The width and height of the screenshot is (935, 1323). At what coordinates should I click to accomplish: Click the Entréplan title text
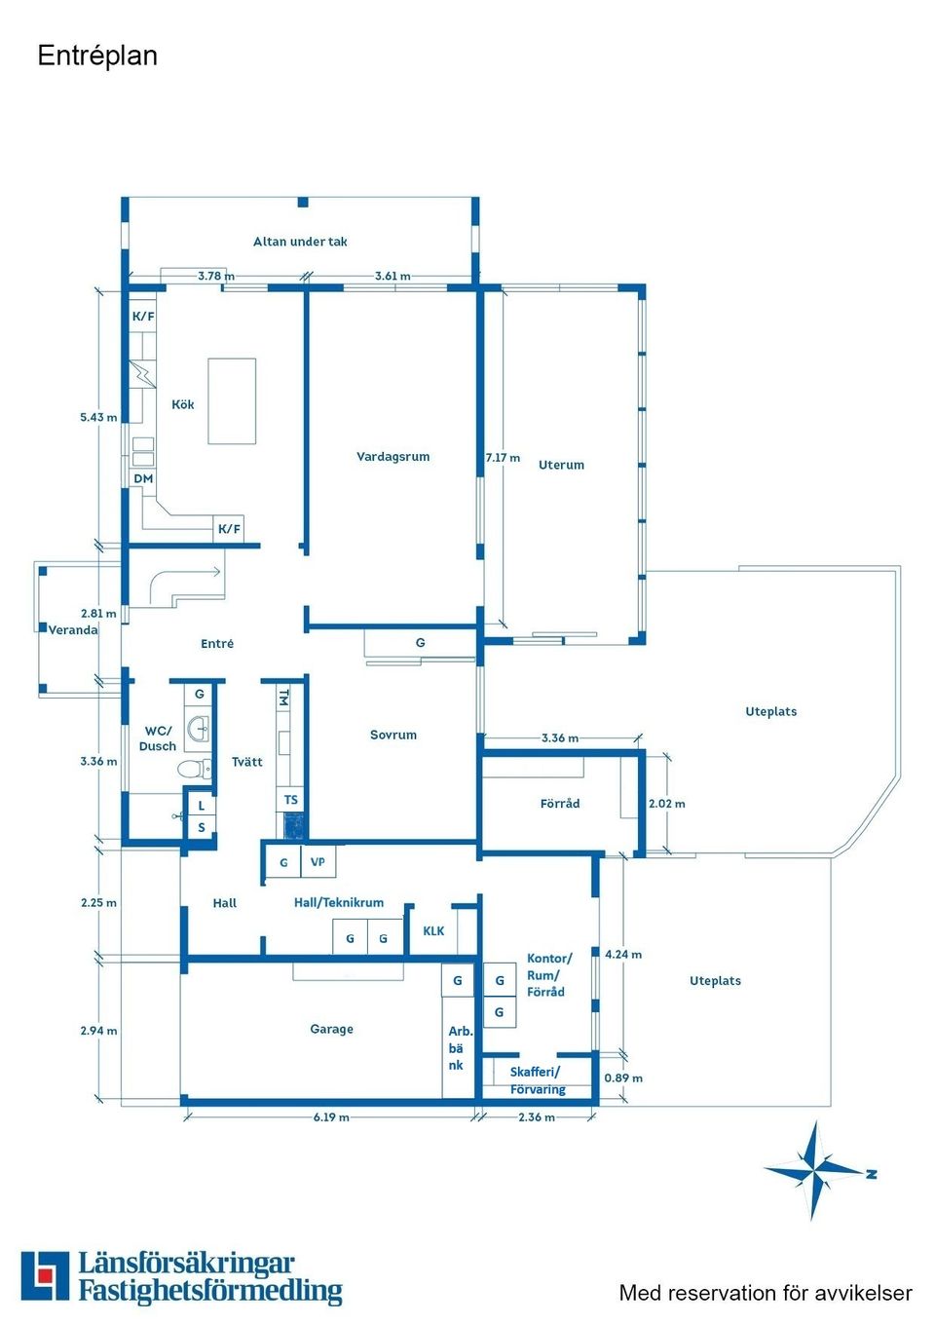coord(97,57)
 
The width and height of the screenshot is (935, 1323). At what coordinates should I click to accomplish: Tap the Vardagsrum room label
coord(393,457)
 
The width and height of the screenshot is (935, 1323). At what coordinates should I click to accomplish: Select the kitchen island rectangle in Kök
coord(232,401)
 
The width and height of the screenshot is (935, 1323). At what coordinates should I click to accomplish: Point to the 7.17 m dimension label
coord(503,458)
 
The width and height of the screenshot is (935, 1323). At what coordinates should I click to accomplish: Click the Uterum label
coord(561,465)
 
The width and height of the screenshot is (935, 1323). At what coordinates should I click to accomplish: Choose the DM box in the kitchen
coord(143,478)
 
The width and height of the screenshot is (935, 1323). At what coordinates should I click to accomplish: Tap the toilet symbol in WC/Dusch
coord(194,769)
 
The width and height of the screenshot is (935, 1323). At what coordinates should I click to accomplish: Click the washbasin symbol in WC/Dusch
coord(198,729)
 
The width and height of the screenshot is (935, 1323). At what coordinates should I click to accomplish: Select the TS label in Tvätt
coord(291,800)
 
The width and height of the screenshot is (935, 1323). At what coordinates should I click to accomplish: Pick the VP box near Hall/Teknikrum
coord(318,862)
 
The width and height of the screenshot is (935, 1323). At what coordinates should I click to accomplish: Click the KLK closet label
coord(433,930)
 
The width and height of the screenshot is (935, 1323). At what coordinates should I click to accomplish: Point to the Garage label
coord(332,1029)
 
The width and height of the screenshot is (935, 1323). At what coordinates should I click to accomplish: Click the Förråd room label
coord(560,803)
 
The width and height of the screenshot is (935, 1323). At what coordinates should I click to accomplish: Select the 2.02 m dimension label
coord(667,803)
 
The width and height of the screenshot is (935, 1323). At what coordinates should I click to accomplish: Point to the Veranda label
coord(73,629)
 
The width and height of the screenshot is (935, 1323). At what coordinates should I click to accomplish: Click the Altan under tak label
coord(300,241)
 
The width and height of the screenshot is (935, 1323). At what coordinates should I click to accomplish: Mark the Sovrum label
coord(393,735)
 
